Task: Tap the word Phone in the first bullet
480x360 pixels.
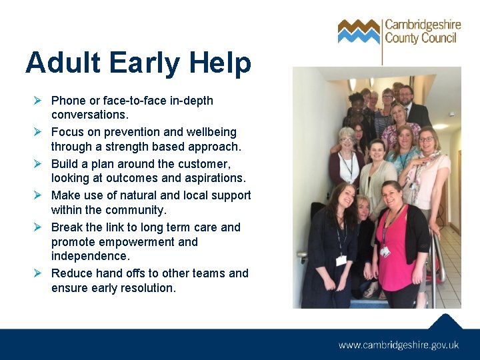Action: (x=68, y=101)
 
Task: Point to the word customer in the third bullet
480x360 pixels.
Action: (x=204, y=164)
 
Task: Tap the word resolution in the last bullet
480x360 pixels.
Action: (x=145, y=288)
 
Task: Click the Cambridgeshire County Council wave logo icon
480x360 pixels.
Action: (x=359, y=31)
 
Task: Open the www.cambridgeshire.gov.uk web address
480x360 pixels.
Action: (x=399, y=345)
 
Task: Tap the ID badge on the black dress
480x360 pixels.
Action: (x=341, y=260)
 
